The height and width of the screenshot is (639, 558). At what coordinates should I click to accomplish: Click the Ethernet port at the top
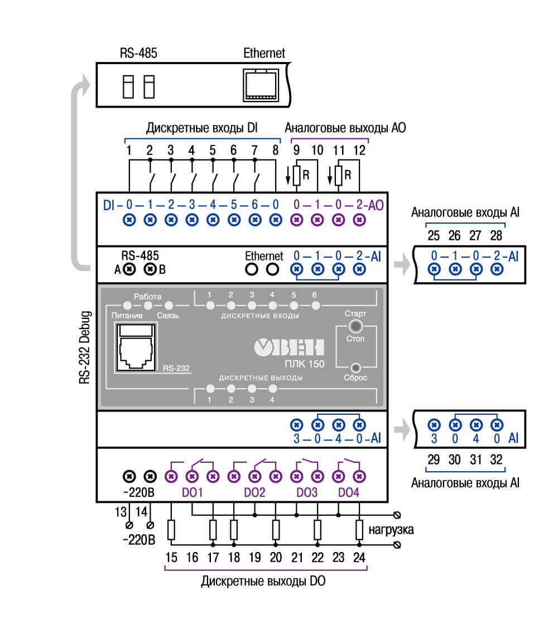[x=261, y=85]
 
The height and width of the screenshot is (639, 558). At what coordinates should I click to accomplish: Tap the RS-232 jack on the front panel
[x=136, y=347]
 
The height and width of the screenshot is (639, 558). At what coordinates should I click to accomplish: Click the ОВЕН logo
[x=289, y=347]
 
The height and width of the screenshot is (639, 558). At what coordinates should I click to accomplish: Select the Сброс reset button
[x=355, y=367]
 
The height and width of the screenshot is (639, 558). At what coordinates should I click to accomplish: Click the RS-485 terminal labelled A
[x=129, y=269]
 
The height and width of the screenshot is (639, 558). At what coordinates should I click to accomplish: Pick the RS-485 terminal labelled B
[x=150, y=269]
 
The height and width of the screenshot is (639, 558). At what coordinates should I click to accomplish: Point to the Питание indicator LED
[x=127, y=305]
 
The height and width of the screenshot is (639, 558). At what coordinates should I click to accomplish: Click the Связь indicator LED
[x=169, y=305]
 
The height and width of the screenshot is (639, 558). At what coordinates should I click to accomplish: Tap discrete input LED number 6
[x=315, y=305]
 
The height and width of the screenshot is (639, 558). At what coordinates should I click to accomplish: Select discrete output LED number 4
[x=272, y=389]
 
